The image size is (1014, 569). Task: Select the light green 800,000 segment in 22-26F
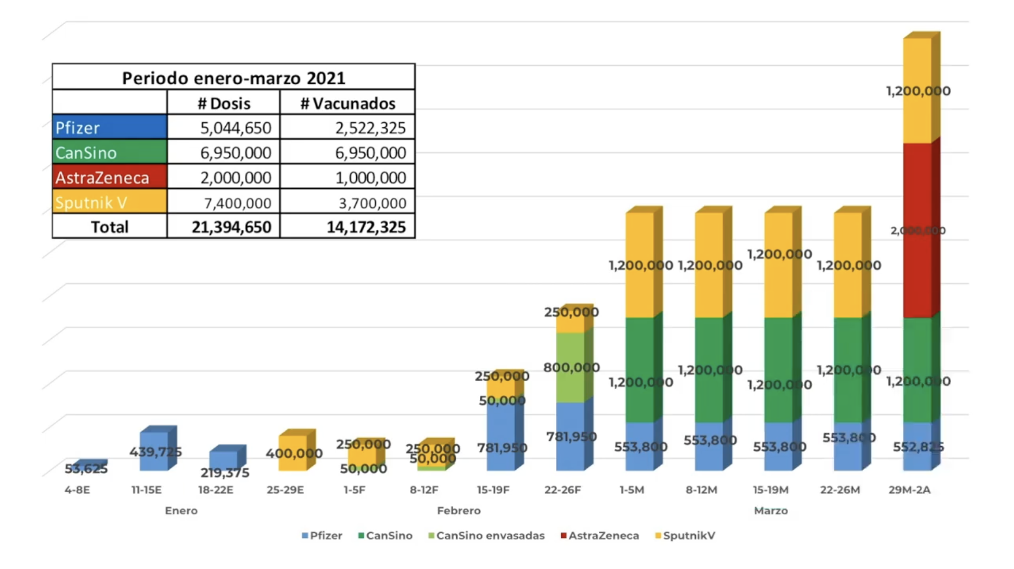coord(570,368)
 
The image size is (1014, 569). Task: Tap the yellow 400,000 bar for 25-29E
coord(293,453)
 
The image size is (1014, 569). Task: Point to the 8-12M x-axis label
coord(701,490)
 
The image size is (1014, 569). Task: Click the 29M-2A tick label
coord(909,490)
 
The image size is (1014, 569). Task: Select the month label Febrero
coord(458,511)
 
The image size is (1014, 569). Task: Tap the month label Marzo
coord(770,511)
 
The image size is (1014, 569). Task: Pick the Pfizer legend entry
coord(322,536)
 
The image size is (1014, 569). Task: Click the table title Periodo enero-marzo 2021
coord(233,78)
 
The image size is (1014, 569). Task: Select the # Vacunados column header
coord(348,103)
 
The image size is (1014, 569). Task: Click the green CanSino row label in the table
coord(109,152)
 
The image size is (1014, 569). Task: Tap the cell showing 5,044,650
coord(235,128)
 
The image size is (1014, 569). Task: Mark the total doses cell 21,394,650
coord(231,227)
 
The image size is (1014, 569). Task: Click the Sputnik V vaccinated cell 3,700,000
coord(372,203)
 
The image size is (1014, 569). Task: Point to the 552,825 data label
coord(918,447)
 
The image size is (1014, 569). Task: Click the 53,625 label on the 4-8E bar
coord(85,469)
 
